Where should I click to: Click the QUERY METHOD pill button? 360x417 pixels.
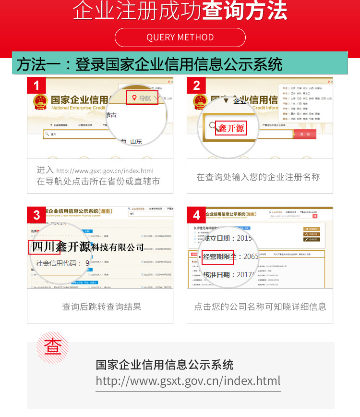click(x=180, y=37)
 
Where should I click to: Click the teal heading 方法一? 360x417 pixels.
click(x=149, y=64)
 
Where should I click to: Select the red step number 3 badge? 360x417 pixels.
click(x=36, y=215)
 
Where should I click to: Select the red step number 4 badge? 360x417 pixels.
click(x=196, y=215)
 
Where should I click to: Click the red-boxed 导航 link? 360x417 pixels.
click(x=142, y=98)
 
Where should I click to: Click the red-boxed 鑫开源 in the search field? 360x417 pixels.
click(x=231, y=128)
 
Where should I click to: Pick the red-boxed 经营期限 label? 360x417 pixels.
click(x=217, y=257)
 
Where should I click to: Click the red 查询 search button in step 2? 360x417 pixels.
click(x=305, y=135)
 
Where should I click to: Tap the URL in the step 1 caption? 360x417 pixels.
click(x=105, y=171)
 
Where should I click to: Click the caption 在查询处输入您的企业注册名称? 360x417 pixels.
click(x=258, y=177)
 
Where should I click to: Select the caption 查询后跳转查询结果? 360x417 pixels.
click(x=101, y=307)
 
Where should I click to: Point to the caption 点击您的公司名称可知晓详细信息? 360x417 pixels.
click(x=260, y=307)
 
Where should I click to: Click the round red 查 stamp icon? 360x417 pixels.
click(x=53, y=347)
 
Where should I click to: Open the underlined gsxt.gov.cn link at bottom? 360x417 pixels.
click(x=188, y=381)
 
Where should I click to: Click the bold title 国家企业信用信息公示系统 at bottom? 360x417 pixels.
click(x=165, y=365)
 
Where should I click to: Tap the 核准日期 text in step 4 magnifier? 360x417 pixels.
click(x=220, y=275)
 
